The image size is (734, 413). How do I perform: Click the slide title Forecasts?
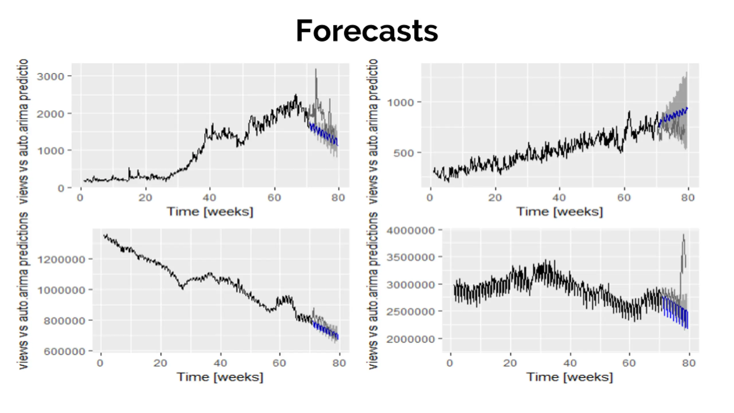tap(367, 31)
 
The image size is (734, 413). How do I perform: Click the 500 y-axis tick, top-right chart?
tap(404, 153)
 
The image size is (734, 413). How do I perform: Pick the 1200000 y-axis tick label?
tap(62, 260)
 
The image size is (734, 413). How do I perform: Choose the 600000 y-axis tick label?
tap(65, 351)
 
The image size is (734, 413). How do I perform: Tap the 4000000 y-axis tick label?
tap(411, 231)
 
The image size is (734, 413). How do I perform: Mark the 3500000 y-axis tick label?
tap(411, 257)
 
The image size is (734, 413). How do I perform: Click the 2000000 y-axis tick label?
tap(411, 339)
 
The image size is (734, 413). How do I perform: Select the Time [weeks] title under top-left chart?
tap(210, 212)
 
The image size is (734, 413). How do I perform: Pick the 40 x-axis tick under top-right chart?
tap(559, 198)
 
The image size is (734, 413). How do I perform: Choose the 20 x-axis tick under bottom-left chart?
tap(160, 363)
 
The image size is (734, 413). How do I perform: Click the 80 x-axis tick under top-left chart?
tap(338, 198)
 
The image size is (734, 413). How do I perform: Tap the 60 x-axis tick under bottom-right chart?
tap(629, 363)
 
